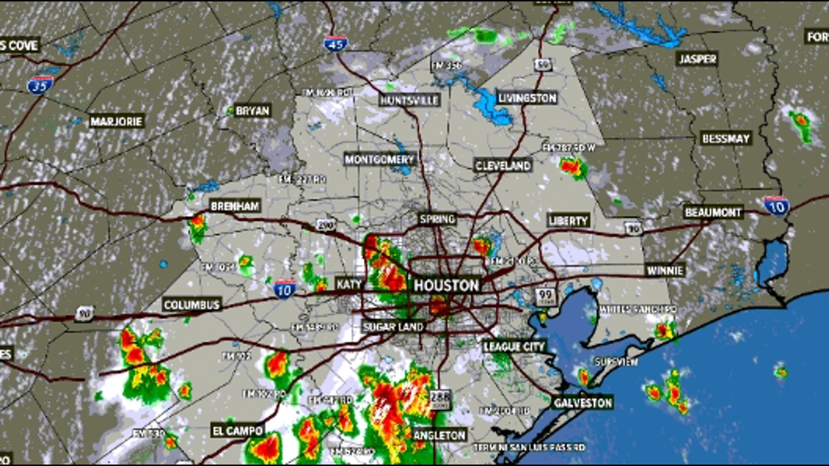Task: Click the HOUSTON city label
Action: point(446,285)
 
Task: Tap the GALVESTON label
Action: point(583,402)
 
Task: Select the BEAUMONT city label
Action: point(713,212)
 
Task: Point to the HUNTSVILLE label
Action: point(409,100)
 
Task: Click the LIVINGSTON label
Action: point(527,97)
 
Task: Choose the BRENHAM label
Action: point(235,206)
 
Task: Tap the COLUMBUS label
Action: point(192,305)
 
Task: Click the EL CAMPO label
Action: point(238,430)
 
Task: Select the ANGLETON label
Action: point(439,435)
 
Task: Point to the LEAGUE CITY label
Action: point(514,347)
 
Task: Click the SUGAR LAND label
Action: point(393,327)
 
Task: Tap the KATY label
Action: point(348,284)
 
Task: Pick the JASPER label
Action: point(697,59)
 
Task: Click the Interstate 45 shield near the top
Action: point(336,44)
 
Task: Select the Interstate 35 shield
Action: point(40,84)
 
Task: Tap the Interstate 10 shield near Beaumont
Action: point(777,206)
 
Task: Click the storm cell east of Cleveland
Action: point(572,167)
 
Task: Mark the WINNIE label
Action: point(665,270)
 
